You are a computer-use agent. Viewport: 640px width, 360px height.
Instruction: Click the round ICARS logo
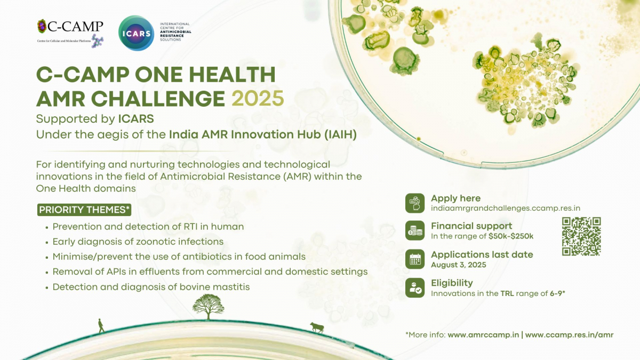click(137, 33)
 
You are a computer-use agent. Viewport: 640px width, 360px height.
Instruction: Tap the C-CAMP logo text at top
click(75, 26)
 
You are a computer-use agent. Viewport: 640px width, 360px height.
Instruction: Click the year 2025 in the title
click(258, 99)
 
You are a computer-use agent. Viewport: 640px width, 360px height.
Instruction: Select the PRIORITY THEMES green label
click(84, 210)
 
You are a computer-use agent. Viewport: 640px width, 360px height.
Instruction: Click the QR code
click(581, 236)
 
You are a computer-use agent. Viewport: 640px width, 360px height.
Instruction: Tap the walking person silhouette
click(101, 326)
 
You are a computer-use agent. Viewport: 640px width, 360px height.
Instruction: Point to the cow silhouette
click(317, 327)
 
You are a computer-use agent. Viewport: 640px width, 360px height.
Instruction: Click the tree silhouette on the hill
click(208, 307)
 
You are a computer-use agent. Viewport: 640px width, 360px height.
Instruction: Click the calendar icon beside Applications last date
click(415, 259)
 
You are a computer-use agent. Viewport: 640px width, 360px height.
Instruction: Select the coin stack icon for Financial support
click(415, 230)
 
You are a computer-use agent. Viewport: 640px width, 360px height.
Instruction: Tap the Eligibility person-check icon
click(415, 287)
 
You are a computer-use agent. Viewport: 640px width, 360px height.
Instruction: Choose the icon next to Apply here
click(415, 203)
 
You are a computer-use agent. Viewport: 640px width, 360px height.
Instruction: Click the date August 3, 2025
click(459, 265)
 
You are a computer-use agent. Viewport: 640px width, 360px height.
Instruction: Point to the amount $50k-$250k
click(511, 236)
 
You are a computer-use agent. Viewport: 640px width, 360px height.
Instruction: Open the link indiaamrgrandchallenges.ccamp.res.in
click(506, 209)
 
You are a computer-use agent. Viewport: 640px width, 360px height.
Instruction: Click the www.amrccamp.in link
click(483, 335)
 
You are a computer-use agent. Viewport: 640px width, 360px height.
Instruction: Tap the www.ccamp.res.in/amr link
click(570, 335)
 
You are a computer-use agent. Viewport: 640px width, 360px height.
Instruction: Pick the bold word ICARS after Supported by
click(136, 119)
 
